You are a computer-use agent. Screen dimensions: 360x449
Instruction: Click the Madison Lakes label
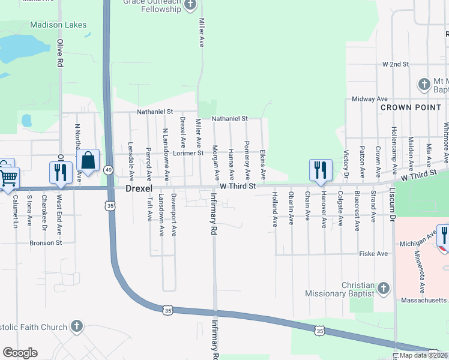(58, 25)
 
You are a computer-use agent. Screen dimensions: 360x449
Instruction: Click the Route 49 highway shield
(109, 170)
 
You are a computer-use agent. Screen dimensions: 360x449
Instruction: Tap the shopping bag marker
(88, 161)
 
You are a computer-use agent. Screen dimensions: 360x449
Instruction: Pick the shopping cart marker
(9, 177)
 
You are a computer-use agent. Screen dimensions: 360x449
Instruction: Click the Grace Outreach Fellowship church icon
(190, 5)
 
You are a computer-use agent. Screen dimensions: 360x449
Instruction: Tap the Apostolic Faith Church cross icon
(76, 326)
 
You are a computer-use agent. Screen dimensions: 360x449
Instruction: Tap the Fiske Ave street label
(373, 254)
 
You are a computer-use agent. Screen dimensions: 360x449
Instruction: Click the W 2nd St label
(395, 64)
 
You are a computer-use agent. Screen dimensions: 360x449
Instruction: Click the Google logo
(20, 353)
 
